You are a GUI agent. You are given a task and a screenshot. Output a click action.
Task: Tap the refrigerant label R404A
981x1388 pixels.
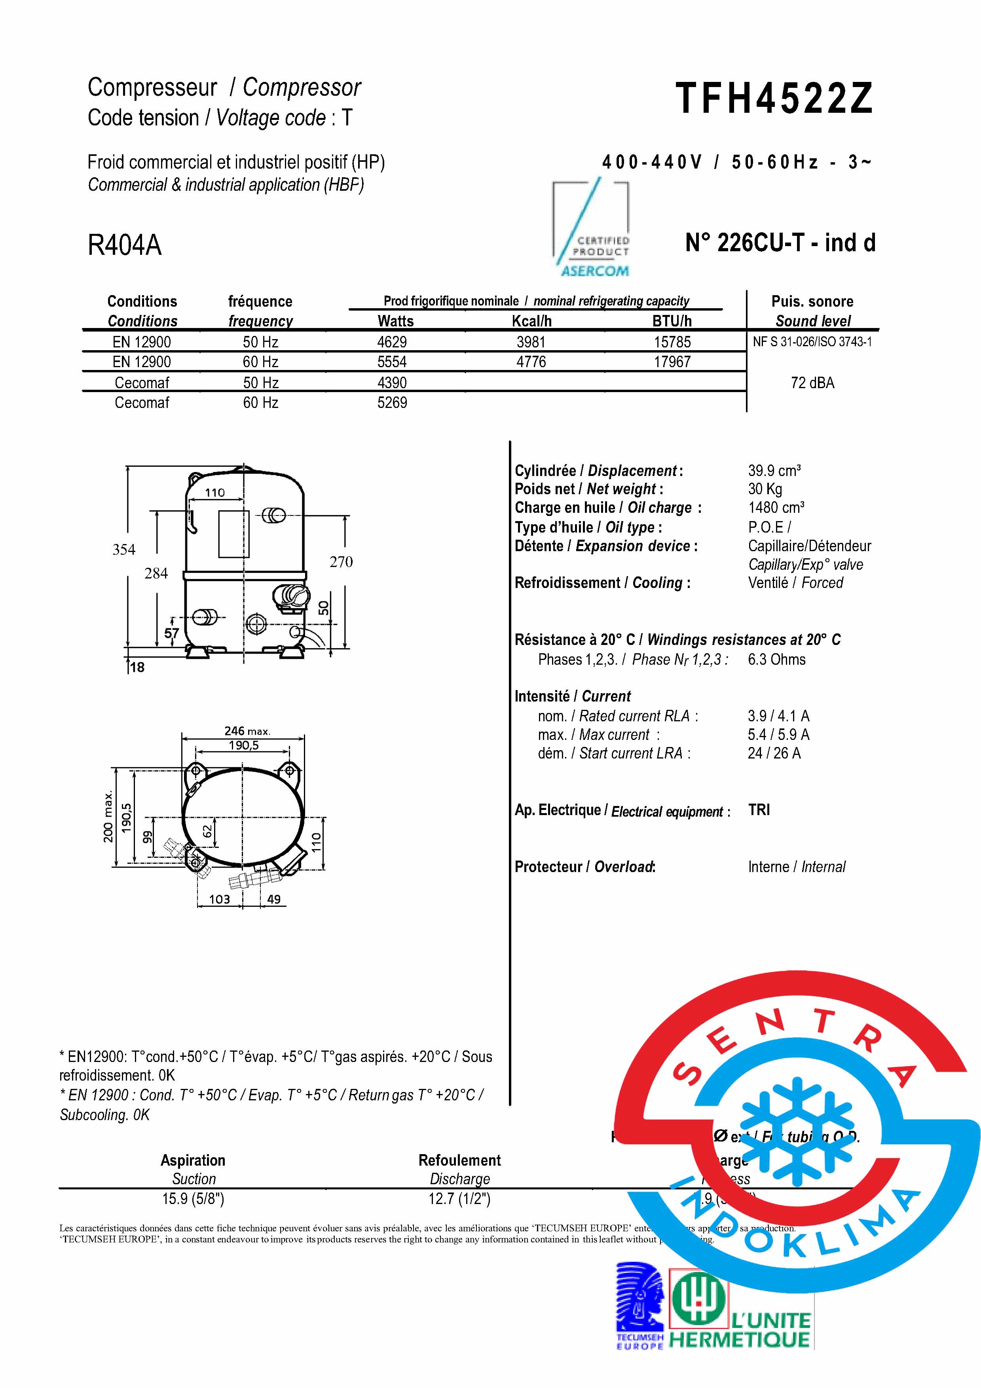coord(125,245)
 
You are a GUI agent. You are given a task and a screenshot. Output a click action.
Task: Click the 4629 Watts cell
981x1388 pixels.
coord(392,342)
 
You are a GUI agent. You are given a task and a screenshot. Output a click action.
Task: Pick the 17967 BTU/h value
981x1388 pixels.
coord(672,362)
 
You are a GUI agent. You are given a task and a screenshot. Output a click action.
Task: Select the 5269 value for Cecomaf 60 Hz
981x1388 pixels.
coord(392,403)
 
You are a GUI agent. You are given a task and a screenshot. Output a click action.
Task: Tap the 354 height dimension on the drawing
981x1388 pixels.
coord(124,550)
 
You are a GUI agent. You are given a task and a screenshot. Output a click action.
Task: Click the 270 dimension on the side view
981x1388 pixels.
coord(341,562)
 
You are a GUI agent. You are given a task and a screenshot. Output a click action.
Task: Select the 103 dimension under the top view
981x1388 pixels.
coord(219,899)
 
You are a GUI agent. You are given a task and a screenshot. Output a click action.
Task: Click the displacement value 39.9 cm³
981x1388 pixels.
coord(774,471)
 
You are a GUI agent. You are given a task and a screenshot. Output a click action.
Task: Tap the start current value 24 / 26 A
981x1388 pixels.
coord(774,753)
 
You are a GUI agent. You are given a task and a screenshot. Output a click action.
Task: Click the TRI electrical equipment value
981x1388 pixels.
coord(759,810)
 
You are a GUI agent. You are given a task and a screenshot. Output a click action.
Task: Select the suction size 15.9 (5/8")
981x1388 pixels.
coord(193,1199)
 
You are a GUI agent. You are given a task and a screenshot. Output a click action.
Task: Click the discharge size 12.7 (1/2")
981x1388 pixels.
coord(459,1199)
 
